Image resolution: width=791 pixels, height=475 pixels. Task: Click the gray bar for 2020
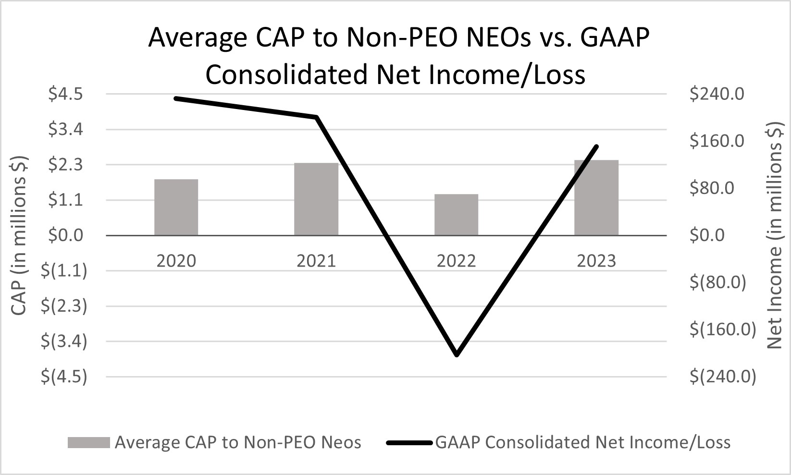point(176,207)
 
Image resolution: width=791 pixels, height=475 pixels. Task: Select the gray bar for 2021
point(316,199)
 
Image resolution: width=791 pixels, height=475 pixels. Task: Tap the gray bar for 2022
point(456,215)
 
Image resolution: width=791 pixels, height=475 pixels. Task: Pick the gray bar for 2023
point(596,197)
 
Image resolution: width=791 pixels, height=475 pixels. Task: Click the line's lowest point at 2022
point(457,354)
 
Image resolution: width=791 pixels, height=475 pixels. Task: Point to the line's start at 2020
point(176,98)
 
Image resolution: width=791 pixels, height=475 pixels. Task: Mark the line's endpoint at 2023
point(596,146)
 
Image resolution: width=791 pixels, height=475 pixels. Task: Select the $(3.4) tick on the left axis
point(63,341)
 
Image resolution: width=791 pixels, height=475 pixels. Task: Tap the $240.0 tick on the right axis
point(717,94)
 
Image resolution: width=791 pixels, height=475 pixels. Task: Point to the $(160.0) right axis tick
point(723,329)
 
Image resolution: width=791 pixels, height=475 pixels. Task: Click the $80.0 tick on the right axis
point(712,188)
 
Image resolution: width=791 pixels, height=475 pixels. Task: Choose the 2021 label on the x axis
point(316,261)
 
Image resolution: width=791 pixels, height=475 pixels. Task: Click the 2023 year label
point(596,261)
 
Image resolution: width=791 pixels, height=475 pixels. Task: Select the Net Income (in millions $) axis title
point(774,235)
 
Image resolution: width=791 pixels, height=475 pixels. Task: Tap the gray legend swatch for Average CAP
point(88,442)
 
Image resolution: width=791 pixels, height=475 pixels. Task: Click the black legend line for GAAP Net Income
point(408,442)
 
